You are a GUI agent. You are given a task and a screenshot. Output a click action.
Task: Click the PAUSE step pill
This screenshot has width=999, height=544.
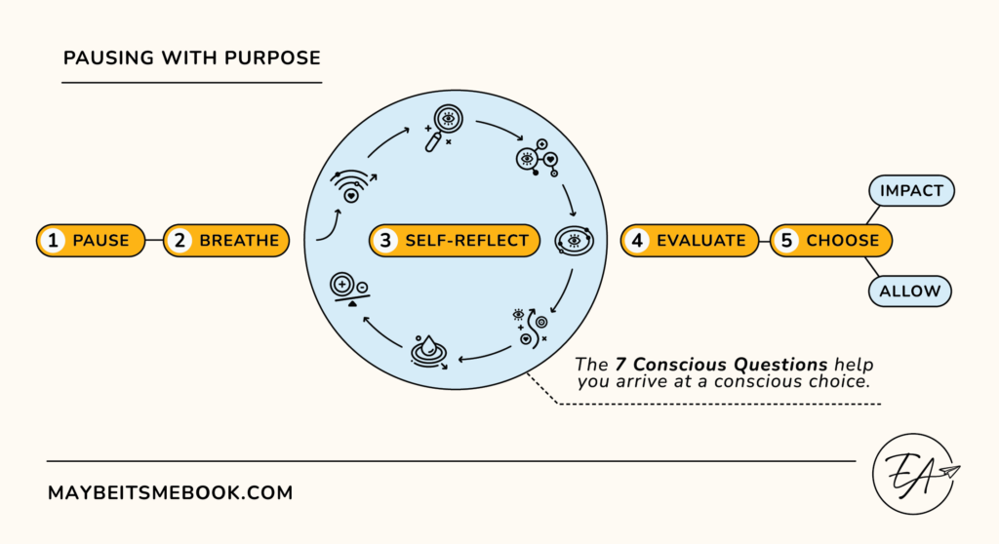tap(91, 240)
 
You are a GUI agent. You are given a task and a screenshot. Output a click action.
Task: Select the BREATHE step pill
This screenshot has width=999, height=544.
tap(226, 240)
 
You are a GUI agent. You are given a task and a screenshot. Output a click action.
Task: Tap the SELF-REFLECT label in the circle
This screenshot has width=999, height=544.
tap(454, 240)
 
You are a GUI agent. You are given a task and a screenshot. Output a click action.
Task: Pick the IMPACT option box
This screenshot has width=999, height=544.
tap(910, 191)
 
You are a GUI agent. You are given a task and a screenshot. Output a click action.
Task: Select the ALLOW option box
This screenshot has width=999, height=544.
tap(910, 290)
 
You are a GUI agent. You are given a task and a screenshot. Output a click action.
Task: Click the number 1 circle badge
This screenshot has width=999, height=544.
tap(54, 240)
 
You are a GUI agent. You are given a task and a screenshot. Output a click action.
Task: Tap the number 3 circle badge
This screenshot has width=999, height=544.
tap(386, 240)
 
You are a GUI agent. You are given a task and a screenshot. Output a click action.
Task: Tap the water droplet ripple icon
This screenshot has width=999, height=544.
tap(429, 353)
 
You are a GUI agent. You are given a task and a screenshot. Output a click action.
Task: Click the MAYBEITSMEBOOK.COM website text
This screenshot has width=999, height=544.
tap(170, 493)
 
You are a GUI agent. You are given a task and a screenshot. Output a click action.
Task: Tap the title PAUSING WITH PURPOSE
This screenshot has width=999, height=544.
tap(191, 58)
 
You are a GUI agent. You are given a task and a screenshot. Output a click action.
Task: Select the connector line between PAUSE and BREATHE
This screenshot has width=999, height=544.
tap(153, 240)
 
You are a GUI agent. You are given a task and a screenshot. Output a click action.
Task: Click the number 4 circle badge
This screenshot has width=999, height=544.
tap(638, 240)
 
